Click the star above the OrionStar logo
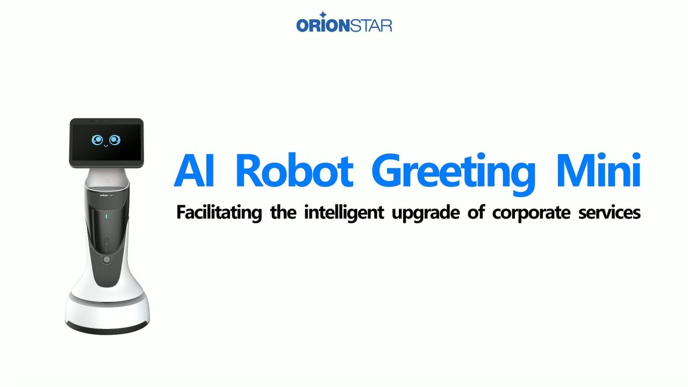323,15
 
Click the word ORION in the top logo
323,26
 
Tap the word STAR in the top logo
371,26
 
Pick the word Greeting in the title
453,174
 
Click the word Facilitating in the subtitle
219,212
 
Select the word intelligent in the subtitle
343,212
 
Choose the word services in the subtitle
610,212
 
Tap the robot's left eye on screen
97,140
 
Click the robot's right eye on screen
115,140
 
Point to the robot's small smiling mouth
106,146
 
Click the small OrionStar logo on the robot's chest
106,195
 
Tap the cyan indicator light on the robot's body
106,216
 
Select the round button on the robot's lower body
106,260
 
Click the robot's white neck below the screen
106,177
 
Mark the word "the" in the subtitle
283,212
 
